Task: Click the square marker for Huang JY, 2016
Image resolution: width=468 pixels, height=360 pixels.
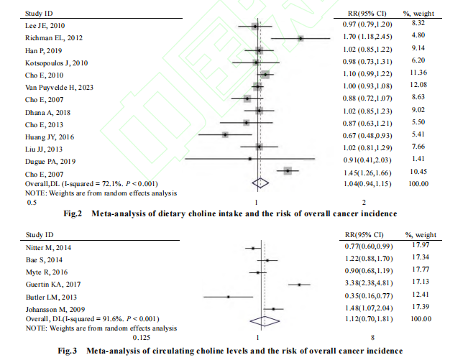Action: (226, 134)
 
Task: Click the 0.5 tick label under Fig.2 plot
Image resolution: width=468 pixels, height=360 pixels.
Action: (31, 203)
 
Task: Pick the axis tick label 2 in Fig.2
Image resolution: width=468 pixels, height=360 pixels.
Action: (364, 203)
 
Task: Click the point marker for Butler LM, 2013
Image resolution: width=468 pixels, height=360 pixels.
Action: (228, 296)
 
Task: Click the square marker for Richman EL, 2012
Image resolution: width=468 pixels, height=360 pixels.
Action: (301, 38)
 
